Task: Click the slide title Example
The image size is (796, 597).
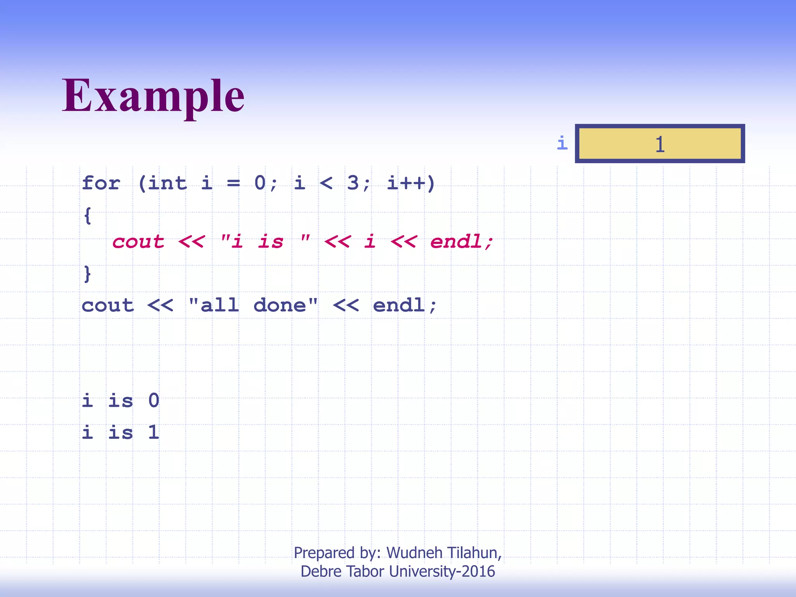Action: click(x=153, y=96)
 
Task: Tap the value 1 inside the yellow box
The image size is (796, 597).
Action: click(x=660, y=144)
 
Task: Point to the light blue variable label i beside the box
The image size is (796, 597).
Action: click(x=562, y=143)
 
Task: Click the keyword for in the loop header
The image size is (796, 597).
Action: click(x=101, y=183)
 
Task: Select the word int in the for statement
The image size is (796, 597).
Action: click(x=167, y=183)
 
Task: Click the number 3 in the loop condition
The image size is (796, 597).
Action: click(x=353, y=183)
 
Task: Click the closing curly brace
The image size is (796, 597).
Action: click(x=88, y=274)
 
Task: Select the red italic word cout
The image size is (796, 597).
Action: click(x=138, y=242)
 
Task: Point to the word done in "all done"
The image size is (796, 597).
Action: click(x=279, y=305)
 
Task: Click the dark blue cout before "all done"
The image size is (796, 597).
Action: click(x=108, y=305)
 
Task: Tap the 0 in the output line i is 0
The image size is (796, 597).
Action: click(x=154, y=400)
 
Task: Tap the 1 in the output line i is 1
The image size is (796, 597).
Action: click(x=154, y=432)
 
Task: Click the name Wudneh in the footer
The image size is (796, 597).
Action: click(x=414, y=553)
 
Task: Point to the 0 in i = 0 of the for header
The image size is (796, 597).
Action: click(x=260, y=183)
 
